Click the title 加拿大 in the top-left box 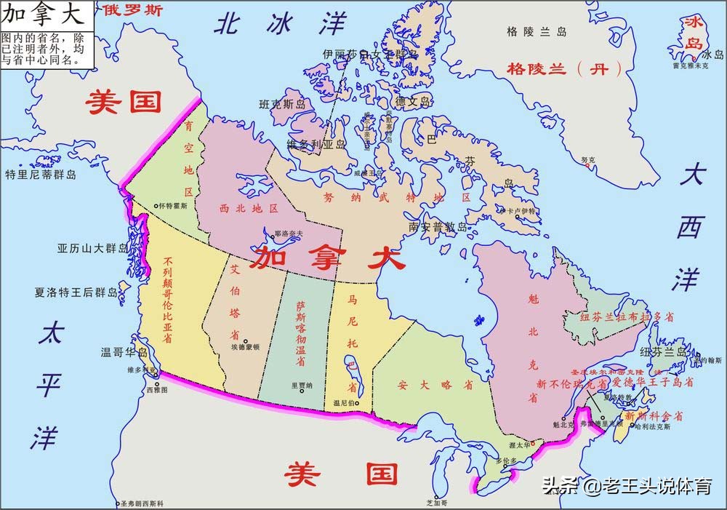pos(45,15)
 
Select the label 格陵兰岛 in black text pos(537,32)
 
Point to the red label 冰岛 pos(691,33)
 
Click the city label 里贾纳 pos(301,386)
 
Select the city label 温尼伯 pos(345,402)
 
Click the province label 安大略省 pos(425,385)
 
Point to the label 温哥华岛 pos(124,353)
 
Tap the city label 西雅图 pos(156,391)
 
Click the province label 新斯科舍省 pos(654,416)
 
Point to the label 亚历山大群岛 pos(92,248)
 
